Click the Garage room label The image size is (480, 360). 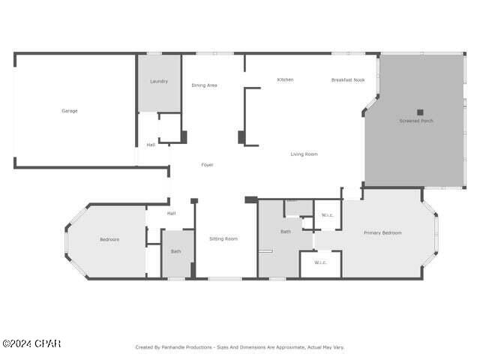[x=70, y=111]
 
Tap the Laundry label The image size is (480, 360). [x=159, y=81]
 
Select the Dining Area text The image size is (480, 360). [x=204, y=85]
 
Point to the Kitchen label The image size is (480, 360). [x=285, y=79]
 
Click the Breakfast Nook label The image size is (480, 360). [x=348, y=79]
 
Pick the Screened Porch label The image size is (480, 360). [x=416, y=121]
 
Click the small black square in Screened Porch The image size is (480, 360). [x=420, y=112]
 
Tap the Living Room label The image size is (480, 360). [x=304, y=154]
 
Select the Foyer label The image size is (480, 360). [x=207, y=165]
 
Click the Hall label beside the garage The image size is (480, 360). [x=151, y=145]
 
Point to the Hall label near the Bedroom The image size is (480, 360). [x=171, y=214]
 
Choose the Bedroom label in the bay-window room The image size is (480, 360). [x=109, y=240]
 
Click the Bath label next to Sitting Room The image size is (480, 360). [x=175, y=251]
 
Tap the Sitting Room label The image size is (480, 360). [x=223, y=238]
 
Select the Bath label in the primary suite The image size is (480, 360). [x=286, y=232]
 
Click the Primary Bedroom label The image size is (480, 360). [x=382, y=233]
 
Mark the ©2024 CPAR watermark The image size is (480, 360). [x=31, y=344]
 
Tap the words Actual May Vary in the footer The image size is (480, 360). [x=323, y=347]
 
